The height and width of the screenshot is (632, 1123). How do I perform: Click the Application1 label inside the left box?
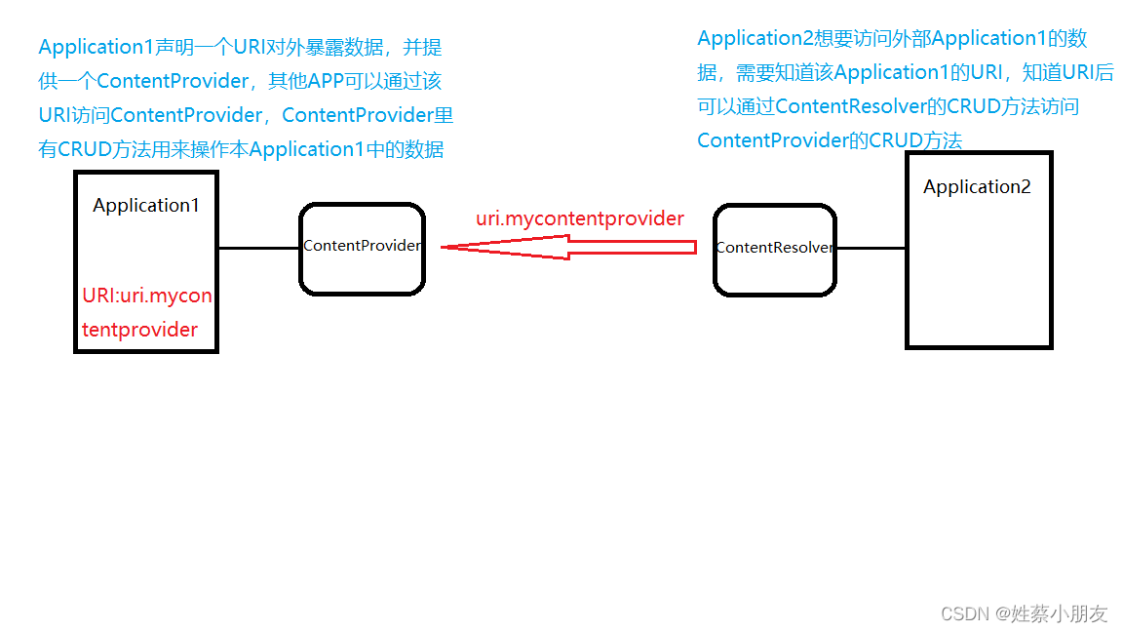[146, 205]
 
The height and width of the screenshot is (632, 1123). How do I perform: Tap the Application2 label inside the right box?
[977, 186]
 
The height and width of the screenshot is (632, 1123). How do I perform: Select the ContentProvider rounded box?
[362, 248]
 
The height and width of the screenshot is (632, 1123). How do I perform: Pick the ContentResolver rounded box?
[774, 249]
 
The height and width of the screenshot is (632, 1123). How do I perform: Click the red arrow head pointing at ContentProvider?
[458, 247]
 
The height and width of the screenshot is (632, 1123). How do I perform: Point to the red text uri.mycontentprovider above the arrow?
[580, 218]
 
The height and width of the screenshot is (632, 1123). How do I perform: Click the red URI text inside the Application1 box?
[146, 312]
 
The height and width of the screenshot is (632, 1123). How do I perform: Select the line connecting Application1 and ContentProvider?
[258, 248]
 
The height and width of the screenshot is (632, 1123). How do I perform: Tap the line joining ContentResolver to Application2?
[871, 248]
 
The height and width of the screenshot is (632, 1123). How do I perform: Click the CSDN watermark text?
[964, 613]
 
